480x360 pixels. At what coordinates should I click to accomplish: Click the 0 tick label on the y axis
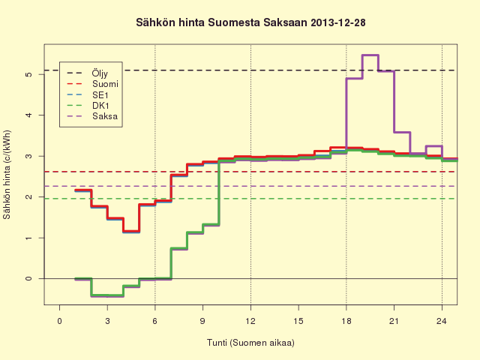[28, 278]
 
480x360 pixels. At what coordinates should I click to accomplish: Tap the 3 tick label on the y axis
[28, 156]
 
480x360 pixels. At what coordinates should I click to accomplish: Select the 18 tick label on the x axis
[346, 321]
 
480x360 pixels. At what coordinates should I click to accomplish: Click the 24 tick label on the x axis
[442, 321]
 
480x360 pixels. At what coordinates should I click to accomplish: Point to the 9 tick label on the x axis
[202, 321]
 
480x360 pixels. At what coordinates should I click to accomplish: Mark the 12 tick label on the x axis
[250, 321]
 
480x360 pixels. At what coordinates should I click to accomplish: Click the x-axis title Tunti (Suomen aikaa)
[250, 343]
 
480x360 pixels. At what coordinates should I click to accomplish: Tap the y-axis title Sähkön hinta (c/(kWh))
[7, 175]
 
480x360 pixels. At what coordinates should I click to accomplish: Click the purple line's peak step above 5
[370, 55]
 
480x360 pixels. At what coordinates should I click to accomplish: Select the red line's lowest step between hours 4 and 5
[131, 231]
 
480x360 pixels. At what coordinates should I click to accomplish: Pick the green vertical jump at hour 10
[218, 193]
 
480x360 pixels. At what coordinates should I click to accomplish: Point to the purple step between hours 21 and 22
[402, 132]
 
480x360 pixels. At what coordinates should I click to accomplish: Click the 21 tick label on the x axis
[394, 321]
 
